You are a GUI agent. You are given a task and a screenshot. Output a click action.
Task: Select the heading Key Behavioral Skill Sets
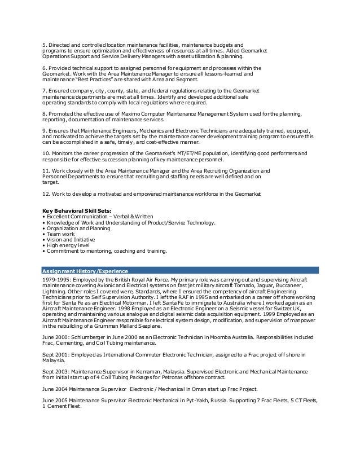(x=77, y=210)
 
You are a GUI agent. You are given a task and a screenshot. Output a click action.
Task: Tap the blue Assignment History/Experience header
(x=85, y=270)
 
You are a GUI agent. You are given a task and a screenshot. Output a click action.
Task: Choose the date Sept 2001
(x=55, y=354)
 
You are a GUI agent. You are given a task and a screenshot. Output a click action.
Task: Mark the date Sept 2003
(x=55, y=371)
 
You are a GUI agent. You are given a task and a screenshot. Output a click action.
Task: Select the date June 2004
(x=56, y=389)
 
